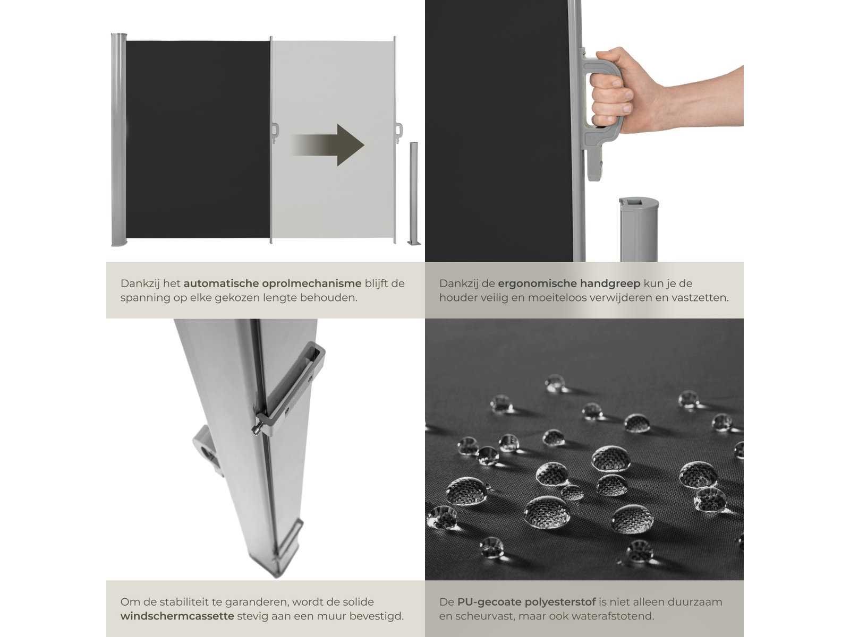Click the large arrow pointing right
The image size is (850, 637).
(328, 145)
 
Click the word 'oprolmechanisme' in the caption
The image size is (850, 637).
(312, 283)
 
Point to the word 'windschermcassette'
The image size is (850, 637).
(177, 616)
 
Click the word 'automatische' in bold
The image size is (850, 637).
(221, 283)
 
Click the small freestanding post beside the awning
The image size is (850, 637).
(414, 193)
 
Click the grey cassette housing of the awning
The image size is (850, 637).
(118, 139)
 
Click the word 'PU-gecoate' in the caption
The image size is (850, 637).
(489, 602)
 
